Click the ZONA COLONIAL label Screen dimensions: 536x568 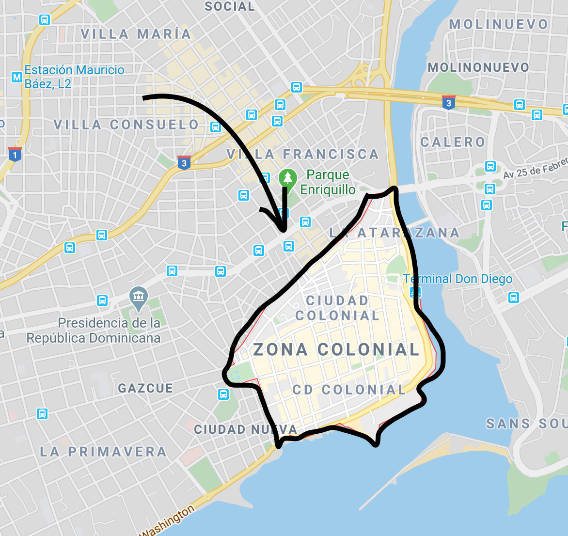(336, 349)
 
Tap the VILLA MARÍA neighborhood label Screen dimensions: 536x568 (136, 34)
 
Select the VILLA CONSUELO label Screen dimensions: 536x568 (126, 125)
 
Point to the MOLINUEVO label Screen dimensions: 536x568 (499, 24)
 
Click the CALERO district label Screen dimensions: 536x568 (453, 142)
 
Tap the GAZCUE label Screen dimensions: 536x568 (145, 388)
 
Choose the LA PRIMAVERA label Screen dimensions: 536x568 (103, 452)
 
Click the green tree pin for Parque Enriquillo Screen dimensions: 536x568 (288, 178)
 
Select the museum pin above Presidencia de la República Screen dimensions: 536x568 (139, 296)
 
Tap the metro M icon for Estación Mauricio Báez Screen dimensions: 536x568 (17, 77)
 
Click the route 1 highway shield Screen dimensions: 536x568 (15, 155)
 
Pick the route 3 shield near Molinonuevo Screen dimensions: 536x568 (448, 102)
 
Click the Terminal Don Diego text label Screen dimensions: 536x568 (458, 279)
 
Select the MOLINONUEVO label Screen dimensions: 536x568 (478, 67)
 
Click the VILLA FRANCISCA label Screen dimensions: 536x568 (302, 155)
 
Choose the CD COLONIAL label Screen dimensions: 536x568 (349, 390)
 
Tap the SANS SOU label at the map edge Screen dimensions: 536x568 (526, 424)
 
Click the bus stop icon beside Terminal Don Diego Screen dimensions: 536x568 (415, 292)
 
